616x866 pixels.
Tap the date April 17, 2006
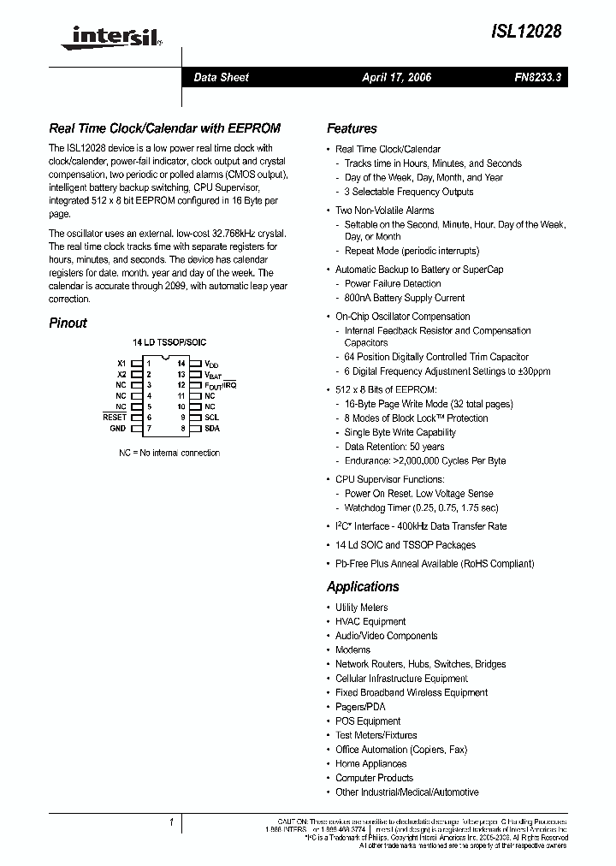coord(396,77)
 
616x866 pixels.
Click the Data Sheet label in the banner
coord(221,77)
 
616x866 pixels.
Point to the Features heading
coord(352,128)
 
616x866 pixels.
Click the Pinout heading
coord(68,323)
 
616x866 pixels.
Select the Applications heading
coord(363,586)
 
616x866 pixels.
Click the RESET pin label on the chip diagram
coord(114,417)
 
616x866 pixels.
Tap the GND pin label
coord(117,428)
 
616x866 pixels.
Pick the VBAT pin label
coord(212,375)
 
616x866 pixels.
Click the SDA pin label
coord(211,428)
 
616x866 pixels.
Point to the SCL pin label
coord(211,417)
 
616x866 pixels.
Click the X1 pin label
coord(121,364)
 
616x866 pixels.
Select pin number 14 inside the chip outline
coord(181,364)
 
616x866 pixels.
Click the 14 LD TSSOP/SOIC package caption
coord(169,341)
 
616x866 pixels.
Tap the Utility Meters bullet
coord(361,607)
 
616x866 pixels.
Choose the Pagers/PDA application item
coord(360,707)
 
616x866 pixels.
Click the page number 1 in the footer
coord(172,822)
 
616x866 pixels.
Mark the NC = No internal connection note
coord(169,453)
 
